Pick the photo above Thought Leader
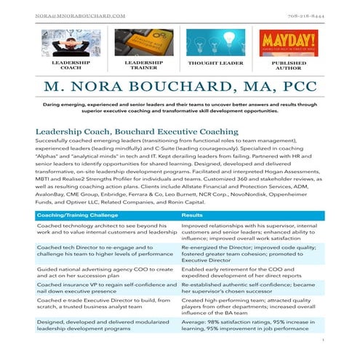(x=215, y=44)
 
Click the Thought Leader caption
(x=215, y=64)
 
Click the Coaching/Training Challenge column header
(x=73, y=216)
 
